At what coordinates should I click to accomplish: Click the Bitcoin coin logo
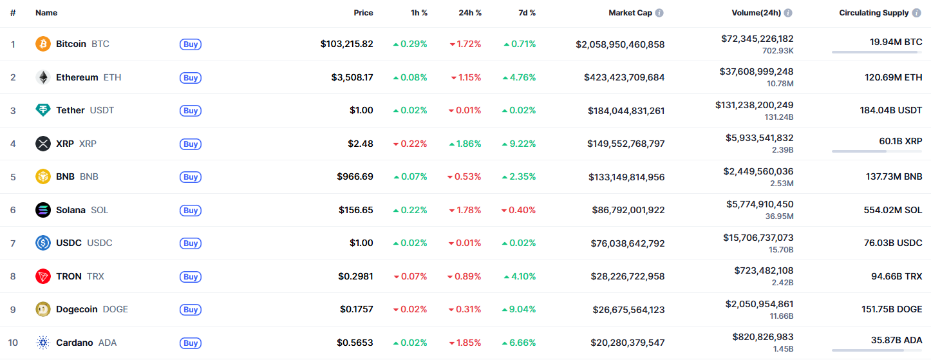click(x=43, y=44)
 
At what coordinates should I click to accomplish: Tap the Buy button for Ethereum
click(x=191, y=77)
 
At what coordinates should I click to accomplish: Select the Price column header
click(x=363, y=13)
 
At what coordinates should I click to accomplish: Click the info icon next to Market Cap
click(x=659, y=13)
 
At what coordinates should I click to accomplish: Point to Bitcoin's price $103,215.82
click(x=346, y=44)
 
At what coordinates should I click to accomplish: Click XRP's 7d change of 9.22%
click(x=519, y=144)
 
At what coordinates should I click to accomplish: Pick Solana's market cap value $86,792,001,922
click(x=628, y=210)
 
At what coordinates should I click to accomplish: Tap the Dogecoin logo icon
click(x=43, y=309)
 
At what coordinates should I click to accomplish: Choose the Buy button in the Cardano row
click(x=191, y=343)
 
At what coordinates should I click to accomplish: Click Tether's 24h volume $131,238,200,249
click(x=754, y=104)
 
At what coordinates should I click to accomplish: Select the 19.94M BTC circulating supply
click(x=896, y=42)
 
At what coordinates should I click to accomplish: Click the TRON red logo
click(x=43, y=276)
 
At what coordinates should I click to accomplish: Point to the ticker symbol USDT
click(x=102, y=110)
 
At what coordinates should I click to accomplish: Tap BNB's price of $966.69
click(x=355, y=176)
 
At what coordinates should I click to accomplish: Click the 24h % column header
click(x=469, y=13)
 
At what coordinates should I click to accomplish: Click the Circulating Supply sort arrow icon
click(x=917, y=13)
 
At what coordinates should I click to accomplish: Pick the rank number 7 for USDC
click(x=13, y=243)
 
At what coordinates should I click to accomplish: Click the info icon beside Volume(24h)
click(x=788, y=13)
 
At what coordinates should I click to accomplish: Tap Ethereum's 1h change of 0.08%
click(x=410, y=77)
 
